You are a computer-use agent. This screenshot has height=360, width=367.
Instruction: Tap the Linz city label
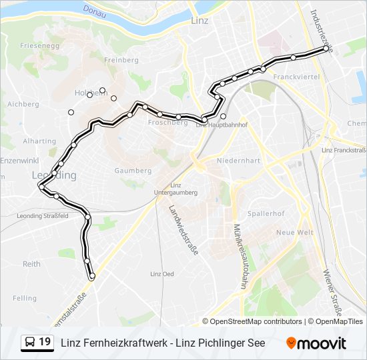coord(200,21)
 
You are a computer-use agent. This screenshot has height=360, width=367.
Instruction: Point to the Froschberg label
coord(167,123)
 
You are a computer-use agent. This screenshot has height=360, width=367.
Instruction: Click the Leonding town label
coord(54,175)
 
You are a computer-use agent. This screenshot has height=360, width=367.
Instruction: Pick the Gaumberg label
coord(133,171)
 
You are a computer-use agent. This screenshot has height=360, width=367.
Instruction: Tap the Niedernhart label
coord(238,161)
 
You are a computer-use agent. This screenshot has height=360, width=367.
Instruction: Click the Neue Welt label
coord(294,232)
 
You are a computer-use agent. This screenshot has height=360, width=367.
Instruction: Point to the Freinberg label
coord(121,60)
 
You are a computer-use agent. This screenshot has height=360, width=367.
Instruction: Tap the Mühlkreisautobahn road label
coord(238,255)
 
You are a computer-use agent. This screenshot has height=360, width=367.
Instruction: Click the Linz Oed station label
coord(162,274)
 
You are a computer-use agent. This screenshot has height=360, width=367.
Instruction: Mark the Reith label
coord(31,264)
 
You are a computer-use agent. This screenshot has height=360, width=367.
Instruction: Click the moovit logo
coord(316,343)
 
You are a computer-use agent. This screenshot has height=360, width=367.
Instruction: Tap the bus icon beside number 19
coord(30,343)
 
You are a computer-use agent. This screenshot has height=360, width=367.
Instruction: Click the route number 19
coord(45,343)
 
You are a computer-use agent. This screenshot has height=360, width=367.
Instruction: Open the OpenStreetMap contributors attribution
coord(256,321)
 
